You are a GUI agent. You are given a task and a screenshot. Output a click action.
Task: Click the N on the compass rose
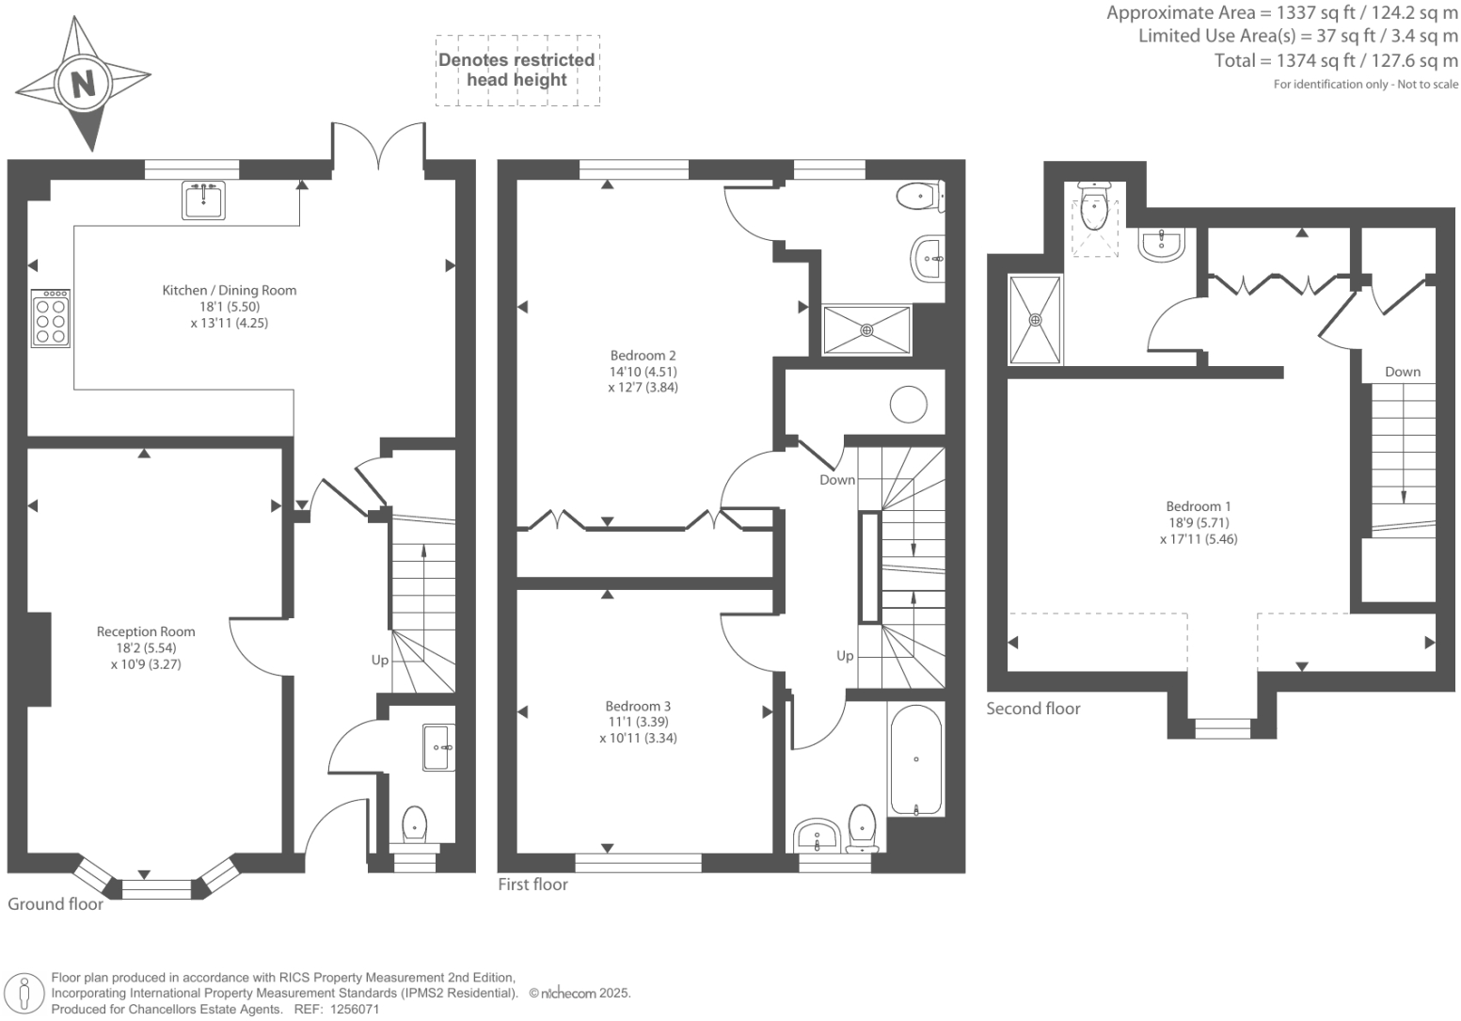point(84,85)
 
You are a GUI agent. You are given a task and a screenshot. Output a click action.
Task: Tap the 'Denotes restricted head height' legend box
point(516,70)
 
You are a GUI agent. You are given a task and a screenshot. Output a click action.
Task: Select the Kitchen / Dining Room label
point(229,290)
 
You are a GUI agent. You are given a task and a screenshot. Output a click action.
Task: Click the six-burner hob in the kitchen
point(51,318)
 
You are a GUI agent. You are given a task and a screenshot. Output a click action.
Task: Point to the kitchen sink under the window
point(204,199)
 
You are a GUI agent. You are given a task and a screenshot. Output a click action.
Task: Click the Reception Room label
point(146,631)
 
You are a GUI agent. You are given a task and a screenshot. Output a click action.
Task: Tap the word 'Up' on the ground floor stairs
point(379,660)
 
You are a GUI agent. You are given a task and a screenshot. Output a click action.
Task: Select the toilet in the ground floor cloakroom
point(415,825)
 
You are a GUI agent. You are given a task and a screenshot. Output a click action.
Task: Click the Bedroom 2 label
point(643,355)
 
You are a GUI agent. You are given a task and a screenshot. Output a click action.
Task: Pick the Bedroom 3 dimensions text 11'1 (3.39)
point(638,722)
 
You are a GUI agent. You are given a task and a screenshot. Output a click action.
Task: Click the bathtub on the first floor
point(915,759)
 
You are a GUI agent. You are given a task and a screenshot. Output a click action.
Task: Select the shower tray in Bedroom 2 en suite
point(866,329)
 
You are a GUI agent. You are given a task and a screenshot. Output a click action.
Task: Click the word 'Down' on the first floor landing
point(836,480)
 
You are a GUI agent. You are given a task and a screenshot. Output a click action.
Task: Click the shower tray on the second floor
point(1035,320)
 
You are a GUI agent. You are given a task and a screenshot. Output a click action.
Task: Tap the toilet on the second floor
point(1094,207)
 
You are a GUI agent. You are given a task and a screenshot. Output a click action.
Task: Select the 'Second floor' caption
point(1033,709)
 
